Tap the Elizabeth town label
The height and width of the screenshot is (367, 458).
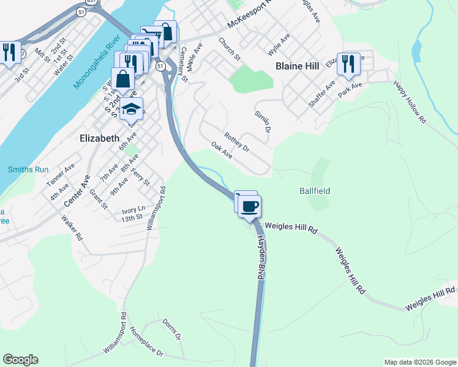tap(100, 138)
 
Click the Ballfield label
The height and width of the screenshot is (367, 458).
tap(315, 191)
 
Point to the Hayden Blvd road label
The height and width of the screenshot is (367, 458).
tap(260, 258)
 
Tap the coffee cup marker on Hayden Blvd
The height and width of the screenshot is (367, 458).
tap(249, 206)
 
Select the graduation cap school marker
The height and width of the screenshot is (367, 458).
tap(131, 109)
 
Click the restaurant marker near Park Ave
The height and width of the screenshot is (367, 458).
tap(348, 63)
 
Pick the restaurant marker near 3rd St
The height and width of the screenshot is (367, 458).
tap(9, 52)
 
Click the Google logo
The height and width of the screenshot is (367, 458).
tap(20, 360)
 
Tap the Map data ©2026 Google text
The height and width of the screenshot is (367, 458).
tap(419, 362)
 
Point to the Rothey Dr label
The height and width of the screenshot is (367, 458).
tap(237, 143)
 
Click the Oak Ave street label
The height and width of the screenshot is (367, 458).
tap(222, 150)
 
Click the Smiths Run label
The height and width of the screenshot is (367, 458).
tap(23, 169)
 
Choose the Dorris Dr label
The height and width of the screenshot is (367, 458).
tap(172, 328)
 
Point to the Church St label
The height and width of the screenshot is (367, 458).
tap(230, 49)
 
